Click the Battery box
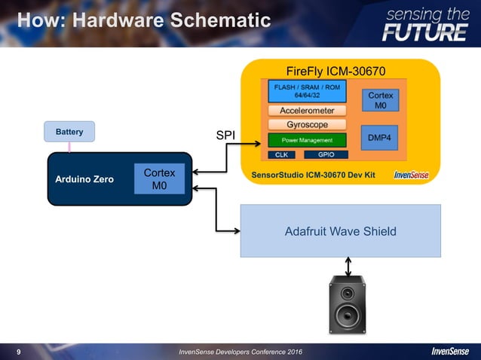tap(69, 132)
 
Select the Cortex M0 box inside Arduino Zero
tap(159, 179)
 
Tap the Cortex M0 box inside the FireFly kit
tap(381, 101)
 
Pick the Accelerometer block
tap(307, 111)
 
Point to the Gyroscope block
tap(307, 124)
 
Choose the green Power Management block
tap(307, 140)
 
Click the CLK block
tap(282, 154)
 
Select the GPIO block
tap(326, 154)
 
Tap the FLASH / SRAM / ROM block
tap(307, 91)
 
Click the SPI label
tap(225, 136)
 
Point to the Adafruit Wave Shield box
tap(340, 231)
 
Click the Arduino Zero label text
tap(84, 180)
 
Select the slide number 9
tap(19, 352)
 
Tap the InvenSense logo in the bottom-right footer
tap(450, 352)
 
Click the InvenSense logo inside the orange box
tap(412, 175)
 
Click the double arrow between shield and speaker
tap(348, 267)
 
